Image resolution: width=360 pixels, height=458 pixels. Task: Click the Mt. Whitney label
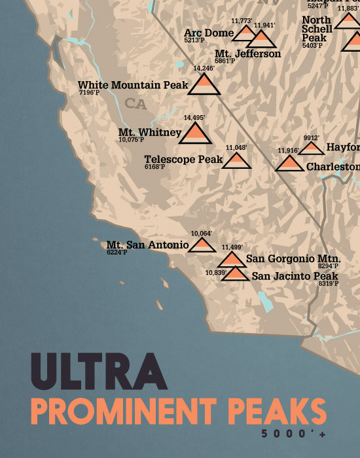150,133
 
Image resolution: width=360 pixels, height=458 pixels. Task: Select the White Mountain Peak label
133,85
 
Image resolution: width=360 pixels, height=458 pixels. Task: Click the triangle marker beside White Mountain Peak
204,85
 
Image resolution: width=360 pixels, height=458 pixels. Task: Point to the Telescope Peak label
184,159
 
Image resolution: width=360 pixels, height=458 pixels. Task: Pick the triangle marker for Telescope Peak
236,161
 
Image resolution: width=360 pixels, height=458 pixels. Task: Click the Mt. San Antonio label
147,245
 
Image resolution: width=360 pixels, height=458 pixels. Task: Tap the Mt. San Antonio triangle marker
202,245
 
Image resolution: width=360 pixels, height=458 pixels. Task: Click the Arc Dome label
208,33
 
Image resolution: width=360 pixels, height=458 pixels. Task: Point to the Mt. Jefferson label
247,54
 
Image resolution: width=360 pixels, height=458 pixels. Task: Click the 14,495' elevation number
194,118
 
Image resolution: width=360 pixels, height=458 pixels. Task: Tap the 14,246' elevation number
204,68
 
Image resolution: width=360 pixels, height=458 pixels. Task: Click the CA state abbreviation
136,103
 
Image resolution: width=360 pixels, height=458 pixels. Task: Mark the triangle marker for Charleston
289,164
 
